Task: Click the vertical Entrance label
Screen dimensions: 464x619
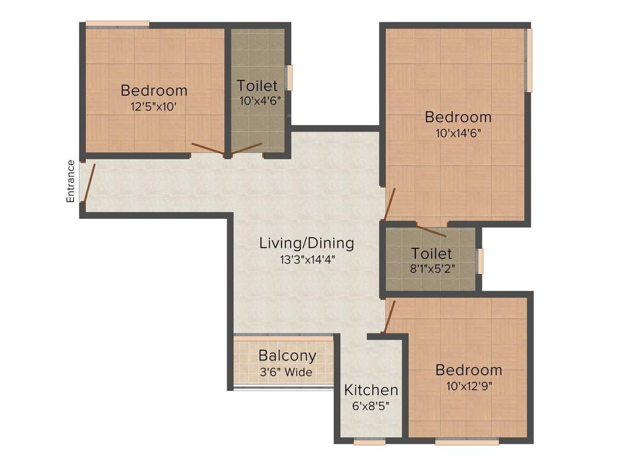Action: (71, 181)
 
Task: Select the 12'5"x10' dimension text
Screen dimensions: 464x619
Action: (154, 107)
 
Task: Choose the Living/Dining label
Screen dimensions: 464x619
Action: (306, 243)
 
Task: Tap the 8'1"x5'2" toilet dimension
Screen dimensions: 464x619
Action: (432, 269)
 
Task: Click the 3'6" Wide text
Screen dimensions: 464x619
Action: (285, 372)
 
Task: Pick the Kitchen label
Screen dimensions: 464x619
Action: (371, 390)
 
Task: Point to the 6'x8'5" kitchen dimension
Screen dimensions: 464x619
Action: (371, 406)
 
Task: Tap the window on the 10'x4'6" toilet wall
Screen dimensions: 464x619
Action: (289, 78)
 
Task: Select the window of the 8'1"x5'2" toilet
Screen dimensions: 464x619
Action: (480, 261)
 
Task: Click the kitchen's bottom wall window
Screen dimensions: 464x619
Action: (369, 442)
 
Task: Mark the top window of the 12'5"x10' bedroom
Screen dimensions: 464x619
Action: (117, 24)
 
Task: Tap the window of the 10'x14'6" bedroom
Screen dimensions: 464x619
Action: (528, 60)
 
